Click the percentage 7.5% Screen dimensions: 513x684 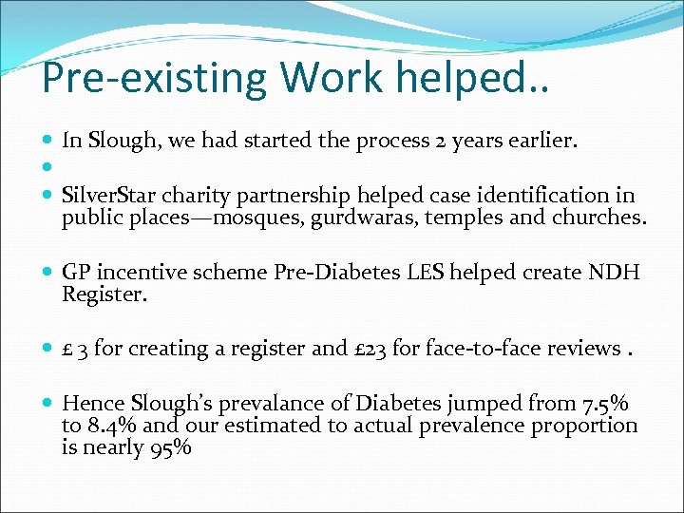pyautogui.click(x=605, y=403)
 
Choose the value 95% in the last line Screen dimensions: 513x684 pyautogui.click(x=171, y=446)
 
